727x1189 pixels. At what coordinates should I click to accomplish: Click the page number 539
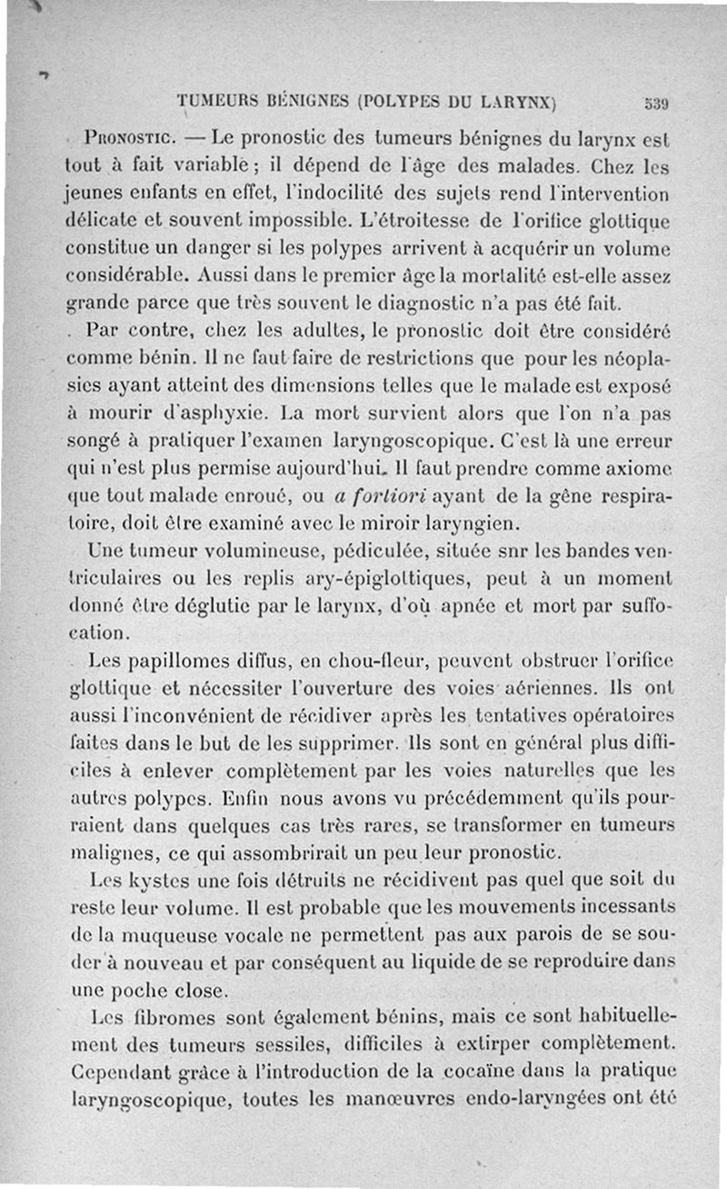click(x=657, y=103)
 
